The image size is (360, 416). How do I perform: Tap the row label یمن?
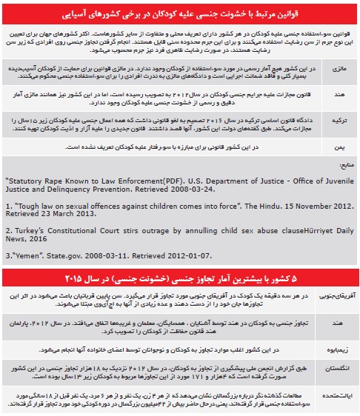click(341, 147)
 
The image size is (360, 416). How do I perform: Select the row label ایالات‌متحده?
click(335, 394)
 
